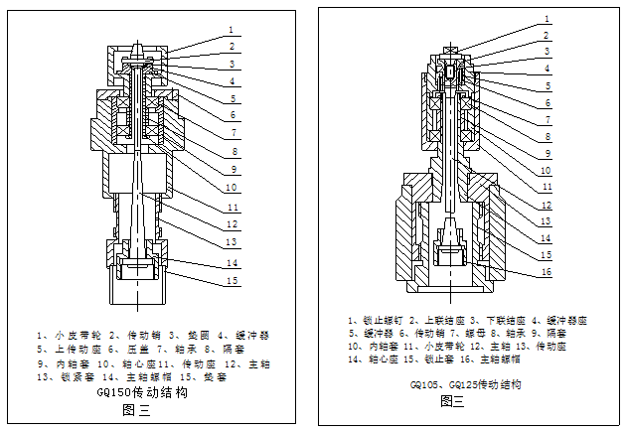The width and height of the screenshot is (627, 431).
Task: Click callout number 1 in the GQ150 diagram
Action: [230, 30]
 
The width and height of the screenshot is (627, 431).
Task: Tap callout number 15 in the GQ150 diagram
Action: [231, 282]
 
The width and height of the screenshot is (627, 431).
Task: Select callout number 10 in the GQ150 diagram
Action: [230, 188]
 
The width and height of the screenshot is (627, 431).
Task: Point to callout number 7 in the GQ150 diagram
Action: [230, 132]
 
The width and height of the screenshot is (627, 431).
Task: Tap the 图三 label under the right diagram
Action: [452, 401]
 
